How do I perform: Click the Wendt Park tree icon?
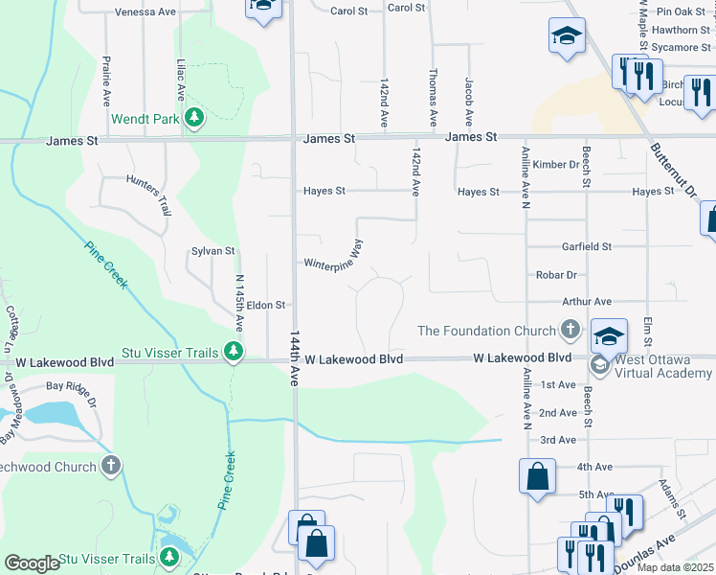(195, 118)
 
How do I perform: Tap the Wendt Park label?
(146, 119)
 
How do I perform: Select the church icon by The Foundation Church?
(571, 331)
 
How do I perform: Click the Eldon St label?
(266, 305)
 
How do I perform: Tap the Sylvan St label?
(213, 250)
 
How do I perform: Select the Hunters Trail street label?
(148, 195)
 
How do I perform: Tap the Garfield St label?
(587, 246)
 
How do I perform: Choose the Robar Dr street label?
(555, 274)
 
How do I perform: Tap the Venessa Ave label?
(145, 12)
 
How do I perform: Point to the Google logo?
(32, 563)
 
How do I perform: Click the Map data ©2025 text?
(676, 567)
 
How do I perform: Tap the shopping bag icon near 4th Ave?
(538, 476)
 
